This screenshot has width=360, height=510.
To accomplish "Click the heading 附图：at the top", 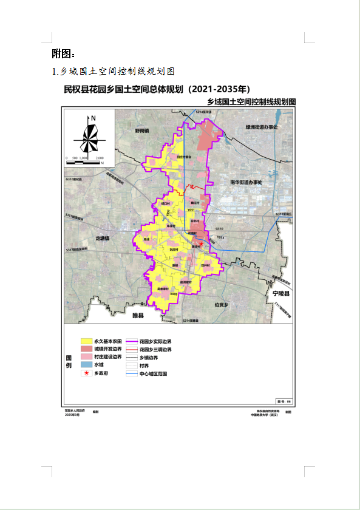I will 64,53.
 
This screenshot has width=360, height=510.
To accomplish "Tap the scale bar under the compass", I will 84,161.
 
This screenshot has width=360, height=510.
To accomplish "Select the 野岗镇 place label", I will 142,130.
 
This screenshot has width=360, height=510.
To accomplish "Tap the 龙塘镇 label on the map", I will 103,239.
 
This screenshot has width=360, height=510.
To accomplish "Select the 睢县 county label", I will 138,316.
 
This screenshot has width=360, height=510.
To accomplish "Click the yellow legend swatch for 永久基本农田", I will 86,342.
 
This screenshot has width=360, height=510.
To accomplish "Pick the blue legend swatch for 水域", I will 86,365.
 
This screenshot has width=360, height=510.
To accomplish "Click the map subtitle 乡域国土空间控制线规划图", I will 251,102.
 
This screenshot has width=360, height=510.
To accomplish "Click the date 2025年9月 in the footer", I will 72,415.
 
